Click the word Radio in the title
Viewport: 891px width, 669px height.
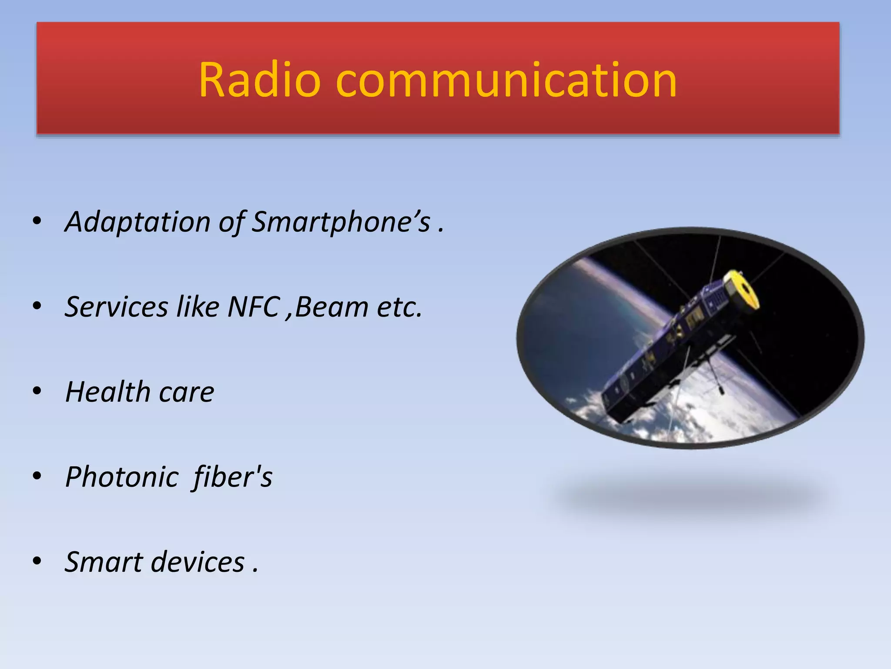click(x=259, y=81)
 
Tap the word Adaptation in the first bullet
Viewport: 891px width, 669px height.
click(x=137, y=222)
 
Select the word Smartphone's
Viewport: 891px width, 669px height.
click(x=341, y=222)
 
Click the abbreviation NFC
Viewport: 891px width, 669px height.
click(x=253, y=307)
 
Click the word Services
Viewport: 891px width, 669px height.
click(x=117, y=307)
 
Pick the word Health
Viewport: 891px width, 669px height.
click(x=107, y=392)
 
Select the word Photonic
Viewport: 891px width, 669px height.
click(x=122, y=477)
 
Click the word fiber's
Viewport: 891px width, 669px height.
click(x=233, y=477)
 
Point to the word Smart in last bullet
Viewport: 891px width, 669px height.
click(x=104, y=562)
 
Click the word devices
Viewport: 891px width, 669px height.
click(x=198, y=562)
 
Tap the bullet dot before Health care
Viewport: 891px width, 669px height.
click(x=37, y=391)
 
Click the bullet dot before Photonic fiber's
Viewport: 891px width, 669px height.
click(x=37, y=476)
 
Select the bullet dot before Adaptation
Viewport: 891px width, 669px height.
click(x=37, y=221)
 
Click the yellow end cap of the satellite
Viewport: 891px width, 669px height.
click(x=742, y=290)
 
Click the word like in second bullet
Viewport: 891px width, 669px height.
click(x=198, y=307)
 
